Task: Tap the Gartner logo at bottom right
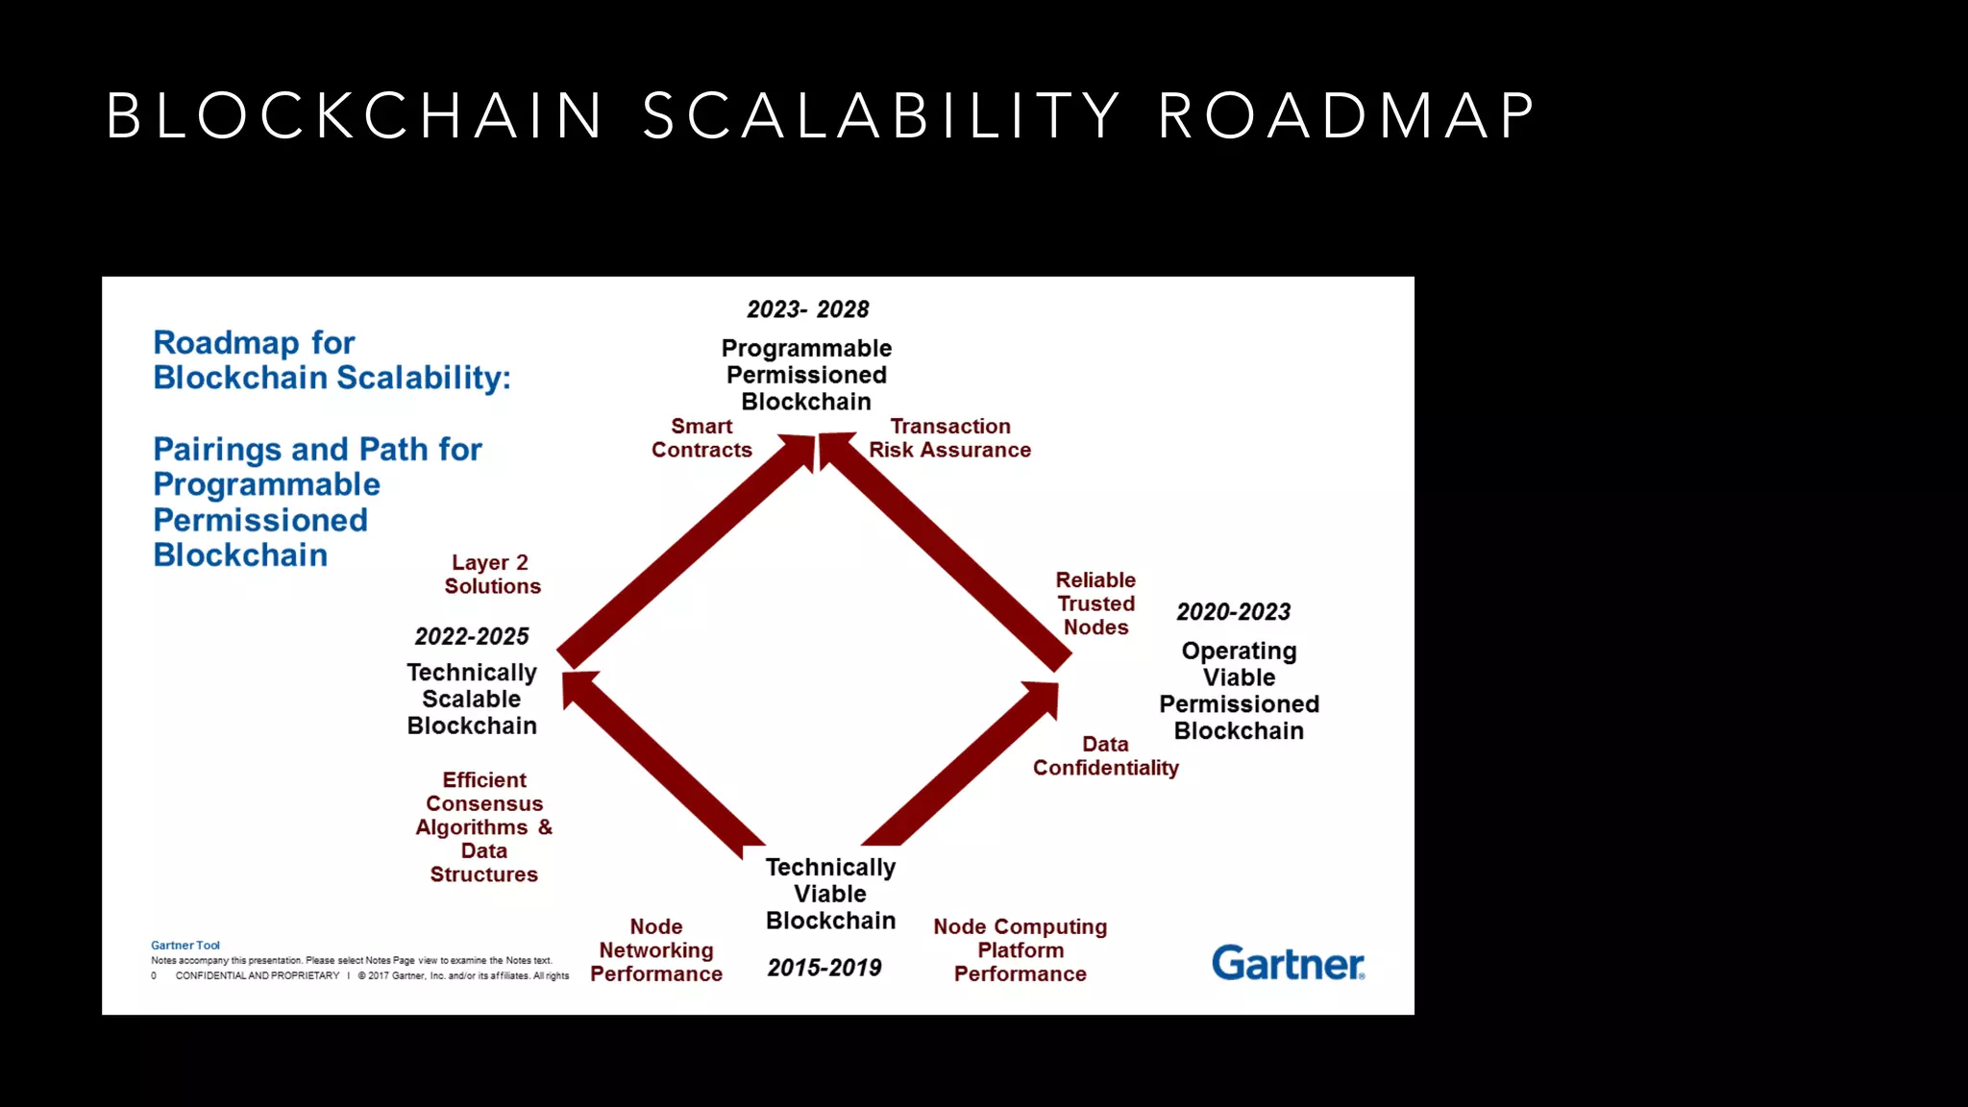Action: pyautogui.click(x=1287, y=963)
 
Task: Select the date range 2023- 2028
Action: pyautogui.click(x=807, y=309)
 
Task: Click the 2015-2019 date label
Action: pyautogui.click(x=824, y=968)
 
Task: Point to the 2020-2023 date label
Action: pyautogui.click(x=1233, y=612)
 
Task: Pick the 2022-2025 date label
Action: pyautogui.click(x=471, y=636)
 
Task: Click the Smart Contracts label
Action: pyautogui.click(x=701, y=438)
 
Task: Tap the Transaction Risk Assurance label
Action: pyautogui.click(x=949, y=438)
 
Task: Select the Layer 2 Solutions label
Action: pyautogui.click(x=491, y=575)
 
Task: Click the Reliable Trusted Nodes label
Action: pyautogui.click(x=1095, y=603)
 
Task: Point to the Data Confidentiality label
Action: pyautogui.click(x=1105, y=756)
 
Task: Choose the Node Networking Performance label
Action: pyautogui.click(x=656, y=950)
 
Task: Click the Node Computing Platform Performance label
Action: pyautogui.click(x=1020, y=950)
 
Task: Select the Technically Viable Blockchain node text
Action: pyautogui.click(x=830, y=894)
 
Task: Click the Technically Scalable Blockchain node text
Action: pyautogui.click(x=471, y=699)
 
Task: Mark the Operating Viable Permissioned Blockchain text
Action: pyautogui.click(x=1239, y=691)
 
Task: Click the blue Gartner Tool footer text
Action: pyautogui.click(x=185, y=946)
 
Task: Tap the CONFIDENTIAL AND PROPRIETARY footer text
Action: pyautogui.click(x=257, y=975)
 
